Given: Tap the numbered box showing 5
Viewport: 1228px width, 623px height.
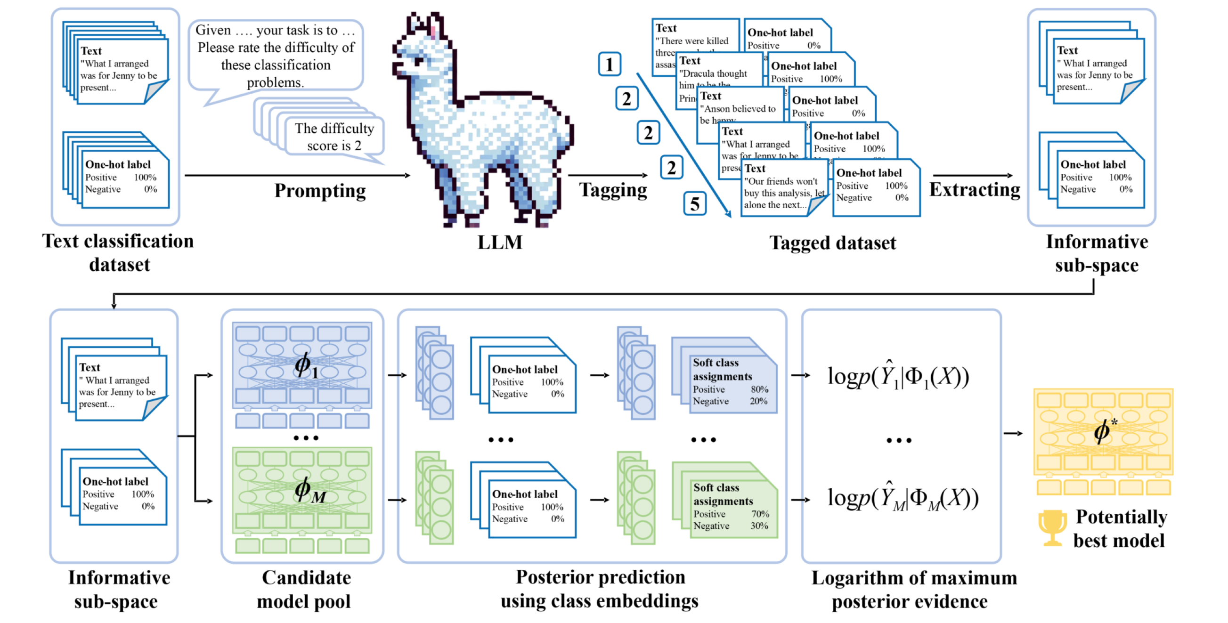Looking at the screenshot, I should (695, 204).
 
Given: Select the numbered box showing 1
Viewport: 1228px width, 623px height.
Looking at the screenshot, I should (609, 65).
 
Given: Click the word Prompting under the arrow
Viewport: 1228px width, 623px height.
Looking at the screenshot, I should (320, 191).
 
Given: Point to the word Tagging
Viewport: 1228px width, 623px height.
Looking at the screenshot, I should (613, 190).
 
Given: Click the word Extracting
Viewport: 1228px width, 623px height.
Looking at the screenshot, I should (975, 190).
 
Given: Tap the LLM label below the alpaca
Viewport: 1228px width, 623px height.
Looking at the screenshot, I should (500, 243).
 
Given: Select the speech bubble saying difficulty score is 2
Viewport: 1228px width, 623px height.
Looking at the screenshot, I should (334, 137).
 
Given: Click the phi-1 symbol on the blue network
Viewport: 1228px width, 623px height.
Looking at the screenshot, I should (305, 366).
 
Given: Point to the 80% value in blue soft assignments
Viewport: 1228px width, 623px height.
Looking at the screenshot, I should (759, 389).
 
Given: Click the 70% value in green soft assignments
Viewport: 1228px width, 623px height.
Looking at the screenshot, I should (760, 514).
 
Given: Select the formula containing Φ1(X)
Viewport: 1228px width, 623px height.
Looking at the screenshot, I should (898, 377).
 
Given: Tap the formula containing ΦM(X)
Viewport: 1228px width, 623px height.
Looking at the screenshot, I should (903, 498).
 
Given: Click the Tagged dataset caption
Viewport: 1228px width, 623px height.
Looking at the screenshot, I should (832, 243).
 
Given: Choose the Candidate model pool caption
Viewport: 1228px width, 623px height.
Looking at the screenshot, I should (305, 590).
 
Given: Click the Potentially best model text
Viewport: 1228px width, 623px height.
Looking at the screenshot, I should (1120, 529).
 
